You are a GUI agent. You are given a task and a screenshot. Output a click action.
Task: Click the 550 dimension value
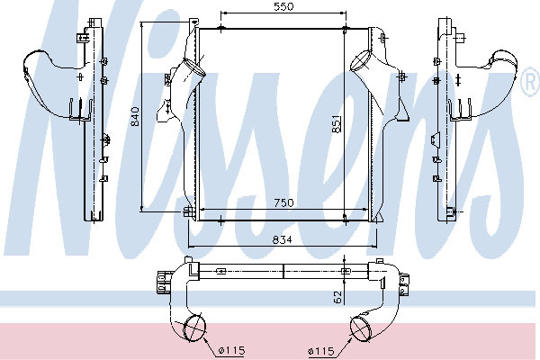click(x=283, y=6)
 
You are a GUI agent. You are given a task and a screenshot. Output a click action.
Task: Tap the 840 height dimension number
click(x=135, y=116)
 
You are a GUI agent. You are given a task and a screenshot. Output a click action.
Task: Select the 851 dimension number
click(x=337, y=123)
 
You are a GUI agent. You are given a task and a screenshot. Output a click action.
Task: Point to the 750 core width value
click(x=283, y=202)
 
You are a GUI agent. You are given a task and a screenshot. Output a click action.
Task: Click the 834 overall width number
click(x=282, y=239)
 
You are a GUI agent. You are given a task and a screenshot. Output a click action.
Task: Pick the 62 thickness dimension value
click(x=337, y=297)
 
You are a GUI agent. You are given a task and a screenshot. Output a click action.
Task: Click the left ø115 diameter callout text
click(x=232, y=351)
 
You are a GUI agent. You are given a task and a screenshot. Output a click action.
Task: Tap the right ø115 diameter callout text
click(x=321, y=351)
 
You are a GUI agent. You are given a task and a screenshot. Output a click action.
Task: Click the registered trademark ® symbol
click(x=530, y=81)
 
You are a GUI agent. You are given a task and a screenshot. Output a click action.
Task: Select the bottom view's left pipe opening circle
click(x=194, y=328)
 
